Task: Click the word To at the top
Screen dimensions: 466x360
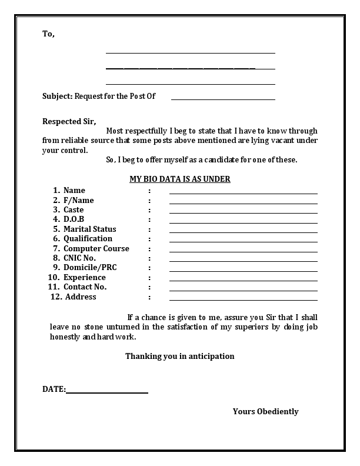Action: (48, 34)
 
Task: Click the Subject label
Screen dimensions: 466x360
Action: (57, 96)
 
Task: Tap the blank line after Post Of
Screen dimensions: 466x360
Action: (223, 99)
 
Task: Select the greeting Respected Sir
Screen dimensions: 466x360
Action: (69, 122)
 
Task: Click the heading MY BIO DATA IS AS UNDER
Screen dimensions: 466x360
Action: (180, 179)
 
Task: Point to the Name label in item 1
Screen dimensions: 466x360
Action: (74, 190)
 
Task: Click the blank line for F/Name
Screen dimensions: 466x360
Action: (243, 203)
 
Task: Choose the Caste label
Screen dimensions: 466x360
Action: (74, 209)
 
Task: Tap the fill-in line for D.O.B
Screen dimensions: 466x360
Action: (243, 222)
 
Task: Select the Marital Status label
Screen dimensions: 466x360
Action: (90, 229)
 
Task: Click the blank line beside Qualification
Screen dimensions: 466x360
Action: (243, 242)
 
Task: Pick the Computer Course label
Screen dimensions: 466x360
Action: (96, 248)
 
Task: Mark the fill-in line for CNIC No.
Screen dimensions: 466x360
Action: (243, 261)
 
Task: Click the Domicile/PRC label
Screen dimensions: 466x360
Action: (90, 268)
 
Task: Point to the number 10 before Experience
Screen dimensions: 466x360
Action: (53, 277)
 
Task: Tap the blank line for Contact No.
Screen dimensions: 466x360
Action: (243, 290)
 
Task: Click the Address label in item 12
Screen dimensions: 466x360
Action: (81, 297)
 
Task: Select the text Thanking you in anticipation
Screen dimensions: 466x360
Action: (180, 356)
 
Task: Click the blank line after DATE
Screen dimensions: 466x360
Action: (107, 392)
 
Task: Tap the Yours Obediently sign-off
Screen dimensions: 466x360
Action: (265, 411)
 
